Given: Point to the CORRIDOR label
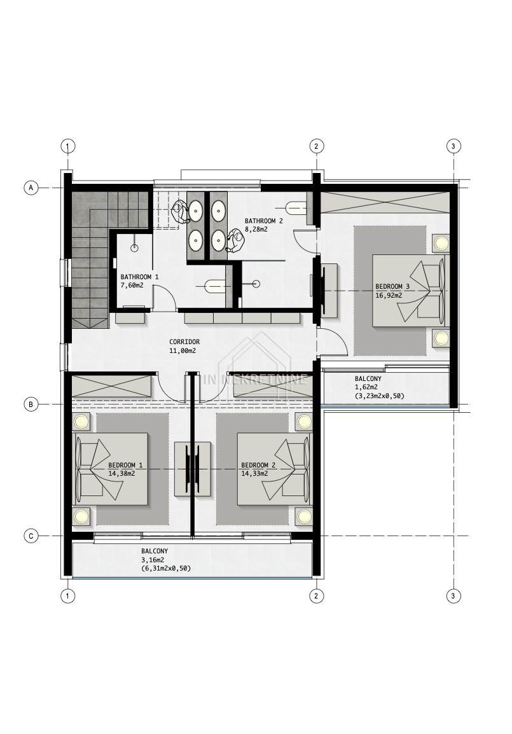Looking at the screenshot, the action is pos(184,342).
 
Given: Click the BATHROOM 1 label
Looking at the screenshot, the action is pos(139,277).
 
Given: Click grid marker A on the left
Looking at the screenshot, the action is pos(31,188).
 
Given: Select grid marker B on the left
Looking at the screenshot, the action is pos(31,405).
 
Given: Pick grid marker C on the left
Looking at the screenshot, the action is pos(31,536).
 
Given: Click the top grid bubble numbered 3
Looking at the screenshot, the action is pos(453,146).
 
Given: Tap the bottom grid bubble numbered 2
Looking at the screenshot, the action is pos(316,596).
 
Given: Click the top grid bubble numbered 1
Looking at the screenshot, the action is pos(68,146).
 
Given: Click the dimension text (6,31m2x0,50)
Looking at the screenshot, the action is pos(165,569).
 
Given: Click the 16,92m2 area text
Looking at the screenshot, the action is pos(389,295).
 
